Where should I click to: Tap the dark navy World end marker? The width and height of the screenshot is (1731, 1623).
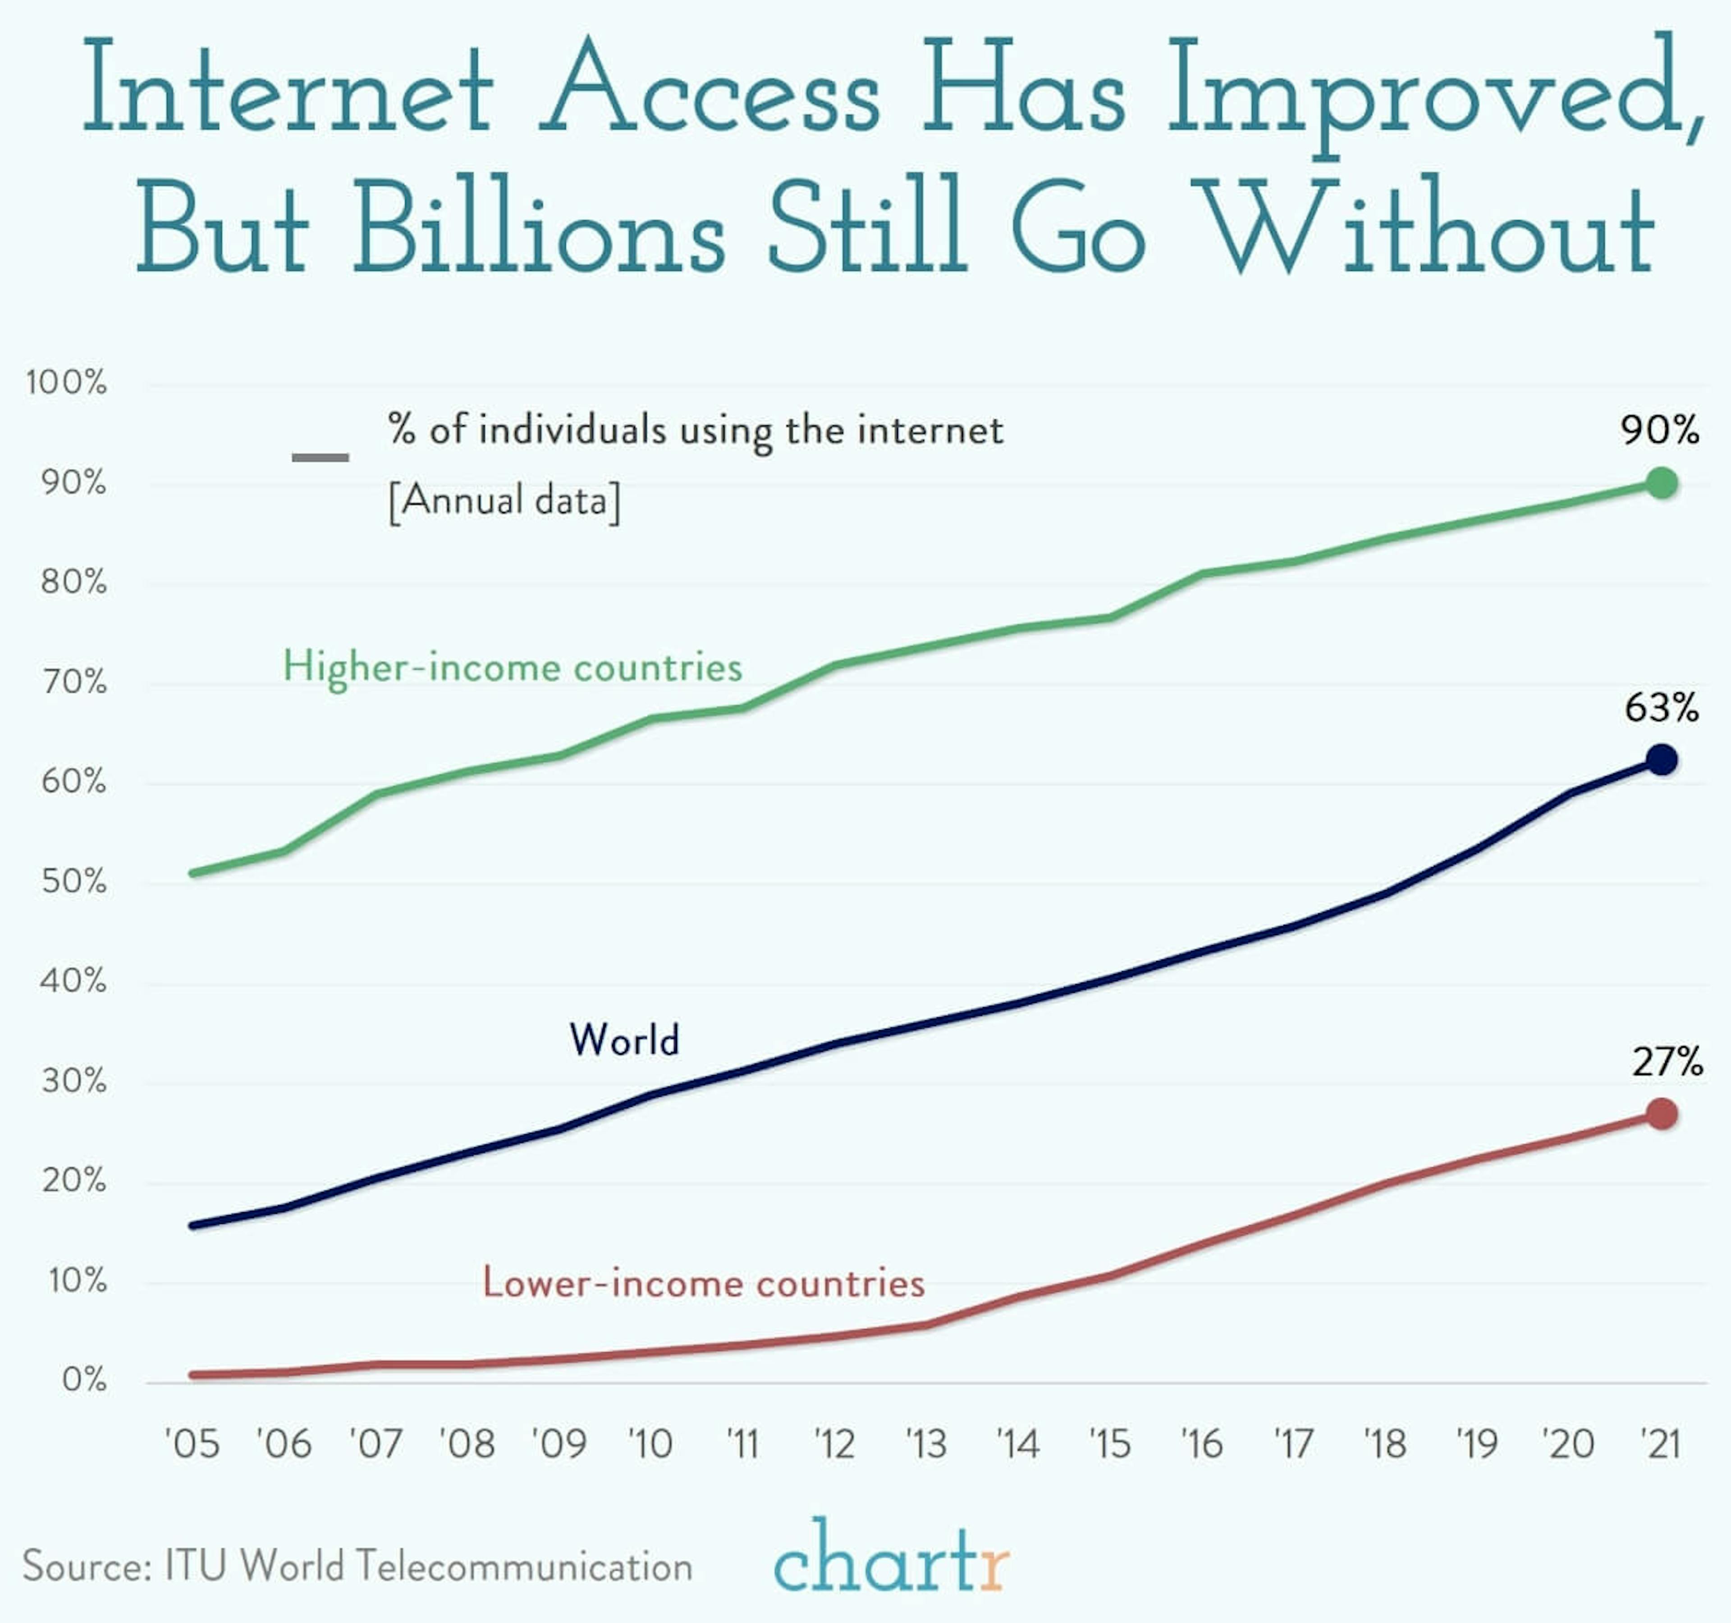pos(1661,760)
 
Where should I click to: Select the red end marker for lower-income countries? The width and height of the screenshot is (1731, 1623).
pos(1661,1114)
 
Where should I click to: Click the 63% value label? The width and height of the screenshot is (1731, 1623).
pos(1661,708)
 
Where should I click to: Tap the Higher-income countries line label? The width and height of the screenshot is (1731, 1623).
pos(512,668)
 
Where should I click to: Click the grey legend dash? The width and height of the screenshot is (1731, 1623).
pos(320,457)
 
